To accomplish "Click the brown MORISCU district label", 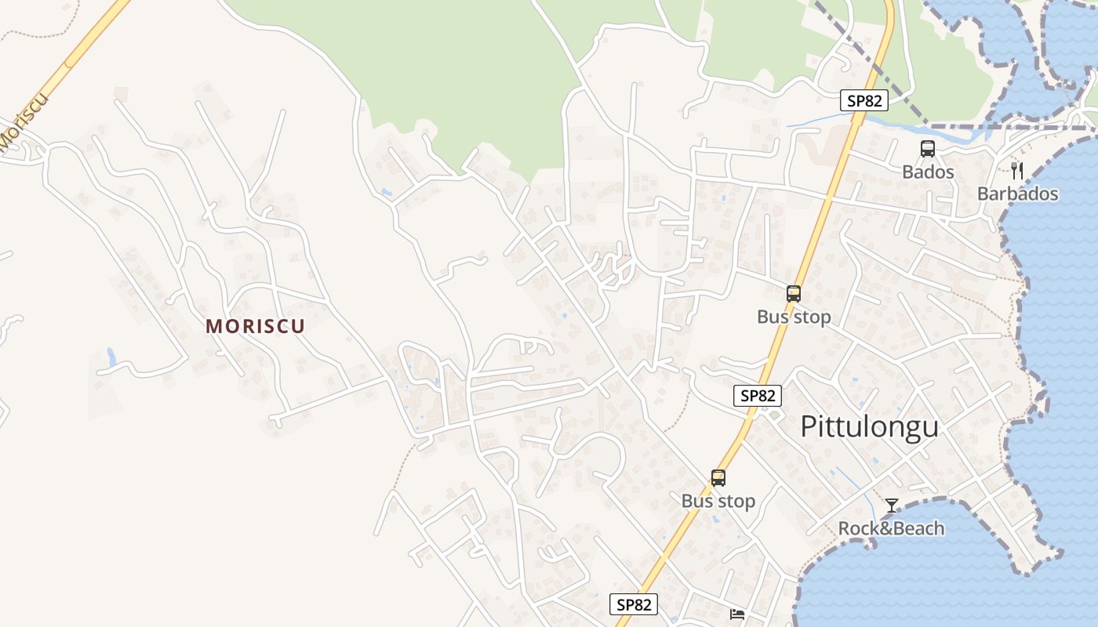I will [x=255, y=326].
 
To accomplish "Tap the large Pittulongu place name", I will [x=869, y=427].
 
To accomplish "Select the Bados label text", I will [x=928, y=172].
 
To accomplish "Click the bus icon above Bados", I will [x=928, y=148].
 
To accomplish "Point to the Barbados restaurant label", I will [x=1017, y=194].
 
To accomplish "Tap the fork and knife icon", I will [x=1017, y=170].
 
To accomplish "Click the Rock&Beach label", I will [x=891, y=528].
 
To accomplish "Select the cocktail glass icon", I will [x=891, y=505].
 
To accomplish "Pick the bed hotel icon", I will [x=737, y=614].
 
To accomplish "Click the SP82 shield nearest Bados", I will [x=864, y=100].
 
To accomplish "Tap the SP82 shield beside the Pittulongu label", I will [x=758, y=396].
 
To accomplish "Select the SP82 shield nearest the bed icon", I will [x=634, y=604].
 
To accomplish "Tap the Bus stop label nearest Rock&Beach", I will [x=718, y=501].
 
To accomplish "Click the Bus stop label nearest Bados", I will [x=794, y=317].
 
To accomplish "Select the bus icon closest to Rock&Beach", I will [x=718, y=477].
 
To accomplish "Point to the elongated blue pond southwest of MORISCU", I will [x=111, y=357].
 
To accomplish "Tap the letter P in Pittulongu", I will [x=809, y=427].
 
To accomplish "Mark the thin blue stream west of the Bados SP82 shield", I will [x=816, y=121].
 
